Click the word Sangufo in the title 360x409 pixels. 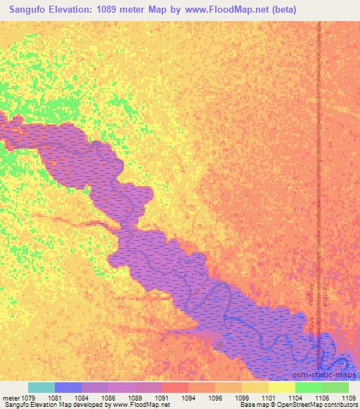(29, 10)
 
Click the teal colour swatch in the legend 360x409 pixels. (41, 387)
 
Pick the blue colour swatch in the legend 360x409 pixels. (68, 387)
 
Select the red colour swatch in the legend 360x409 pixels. (174, 387)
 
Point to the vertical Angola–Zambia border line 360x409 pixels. (319, 141)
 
